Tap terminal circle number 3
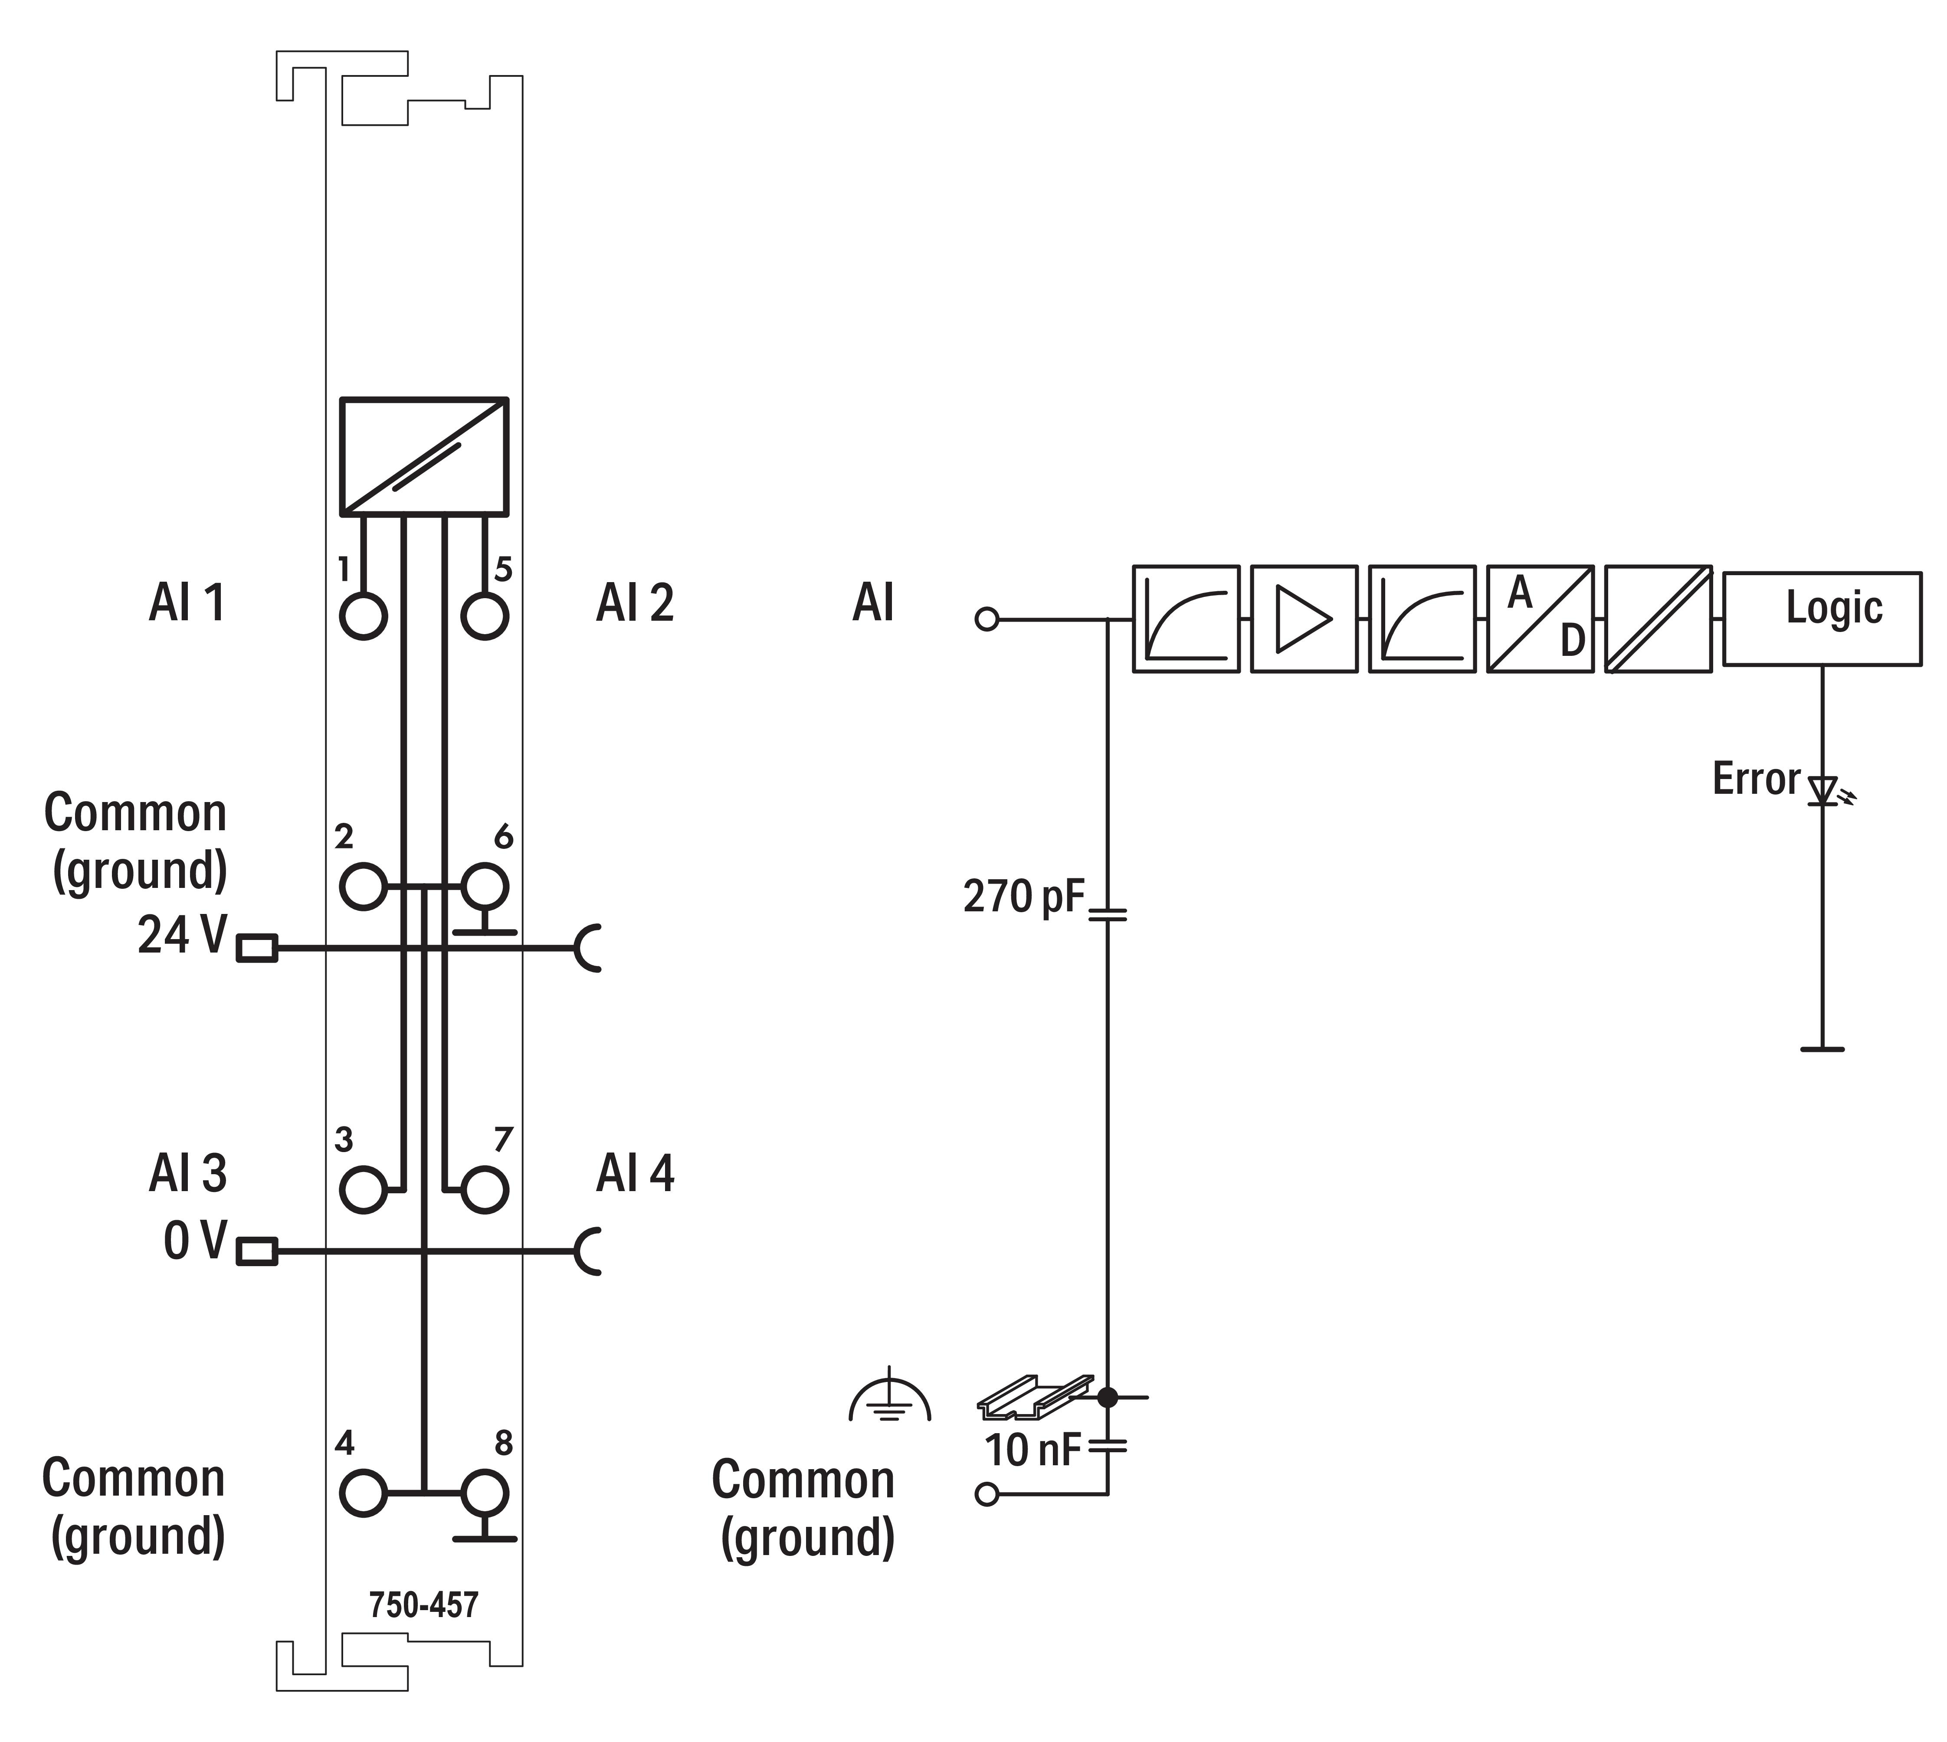[x=363, y=1190]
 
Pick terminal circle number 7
[x=484, y=1190]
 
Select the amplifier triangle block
[x=1304, y=618]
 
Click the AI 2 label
[x=635, y=603]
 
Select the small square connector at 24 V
[x=256, y=949]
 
